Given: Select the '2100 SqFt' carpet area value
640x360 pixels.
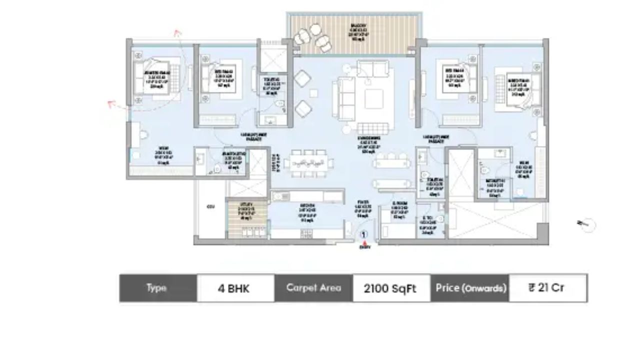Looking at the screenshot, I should pos(391,288).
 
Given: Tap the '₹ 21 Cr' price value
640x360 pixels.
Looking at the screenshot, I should pos(547,288).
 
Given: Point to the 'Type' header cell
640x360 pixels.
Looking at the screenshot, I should pos(157,288).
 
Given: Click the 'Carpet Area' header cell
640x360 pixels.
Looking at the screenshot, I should pos(313,288).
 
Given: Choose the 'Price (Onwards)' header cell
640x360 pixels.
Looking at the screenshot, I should pos(470,288).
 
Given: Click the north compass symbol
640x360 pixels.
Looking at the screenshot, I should pos(587,224).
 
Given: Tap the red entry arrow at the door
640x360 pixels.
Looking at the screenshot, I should pos(364,242).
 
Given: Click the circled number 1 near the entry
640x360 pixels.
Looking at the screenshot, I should pos(364,233).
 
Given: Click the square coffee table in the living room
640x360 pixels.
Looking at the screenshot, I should pos(373,98).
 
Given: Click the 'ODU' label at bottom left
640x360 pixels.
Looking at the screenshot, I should pos(209,206).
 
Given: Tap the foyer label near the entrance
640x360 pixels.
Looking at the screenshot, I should pos(363,209).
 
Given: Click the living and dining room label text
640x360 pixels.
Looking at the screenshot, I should pos(369,144).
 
